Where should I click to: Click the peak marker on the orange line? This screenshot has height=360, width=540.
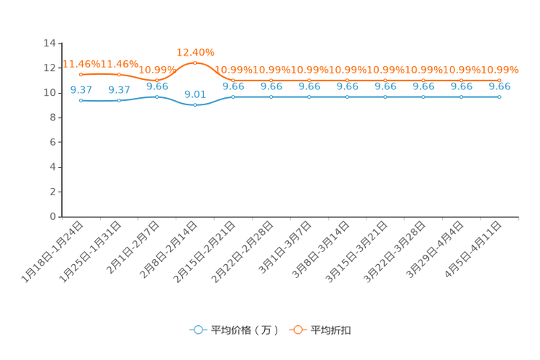click(195, 63)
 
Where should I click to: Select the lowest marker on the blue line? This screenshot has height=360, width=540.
click(195, 106)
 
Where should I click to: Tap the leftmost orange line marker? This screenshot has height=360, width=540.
click(81, 74)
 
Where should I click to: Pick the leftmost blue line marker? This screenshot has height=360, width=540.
click(81, 101)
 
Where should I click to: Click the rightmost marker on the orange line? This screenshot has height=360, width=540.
click(499, 79)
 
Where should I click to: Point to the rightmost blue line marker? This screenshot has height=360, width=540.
click(499, 97)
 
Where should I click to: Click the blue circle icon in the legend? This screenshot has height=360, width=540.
click(198, 330)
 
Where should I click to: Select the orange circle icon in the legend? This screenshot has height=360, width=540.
click(298, 330)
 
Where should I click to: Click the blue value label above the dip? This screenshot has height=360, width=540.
click(195, 94)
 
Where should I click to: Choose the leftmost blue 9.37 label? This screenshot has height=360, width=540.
click(81, 90)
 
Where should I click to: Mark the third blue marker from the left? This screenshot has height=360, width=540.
click(157, 97)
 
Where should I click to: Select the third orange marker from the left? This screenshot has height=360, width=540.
click(157, 79)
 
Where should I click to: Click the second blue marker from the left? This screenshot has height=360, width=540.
click(119, 101)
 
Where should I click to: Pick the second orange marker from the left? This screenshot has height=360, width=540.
click(119, 74)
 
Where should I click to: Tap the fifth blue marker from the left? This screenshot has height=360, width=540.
click(232, 97)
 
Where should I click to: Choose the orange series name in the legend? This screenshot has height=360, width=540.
click(331, 330)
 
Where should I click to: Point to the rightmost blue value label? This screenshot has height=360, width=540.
click(499, 86)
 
